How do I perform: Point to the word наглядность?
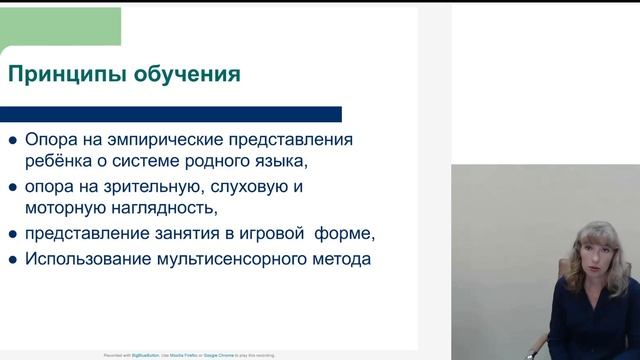click(166, 208)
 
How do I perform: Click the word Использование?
click(85, 259)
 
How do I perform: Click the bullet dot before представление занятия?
click(13, 235)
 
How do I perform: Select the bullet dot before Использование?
click(13, 260)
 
